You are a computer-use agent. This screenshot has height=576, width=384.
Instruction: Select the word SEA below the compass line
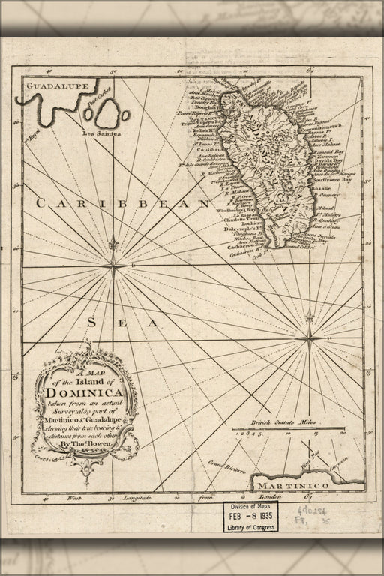point(123,322)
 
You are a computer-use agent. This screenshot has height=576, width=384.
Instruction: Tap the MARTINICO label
point(310,487)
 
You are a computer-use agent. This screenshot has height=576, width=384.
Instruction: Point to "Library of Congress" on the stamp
point(249,527)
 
